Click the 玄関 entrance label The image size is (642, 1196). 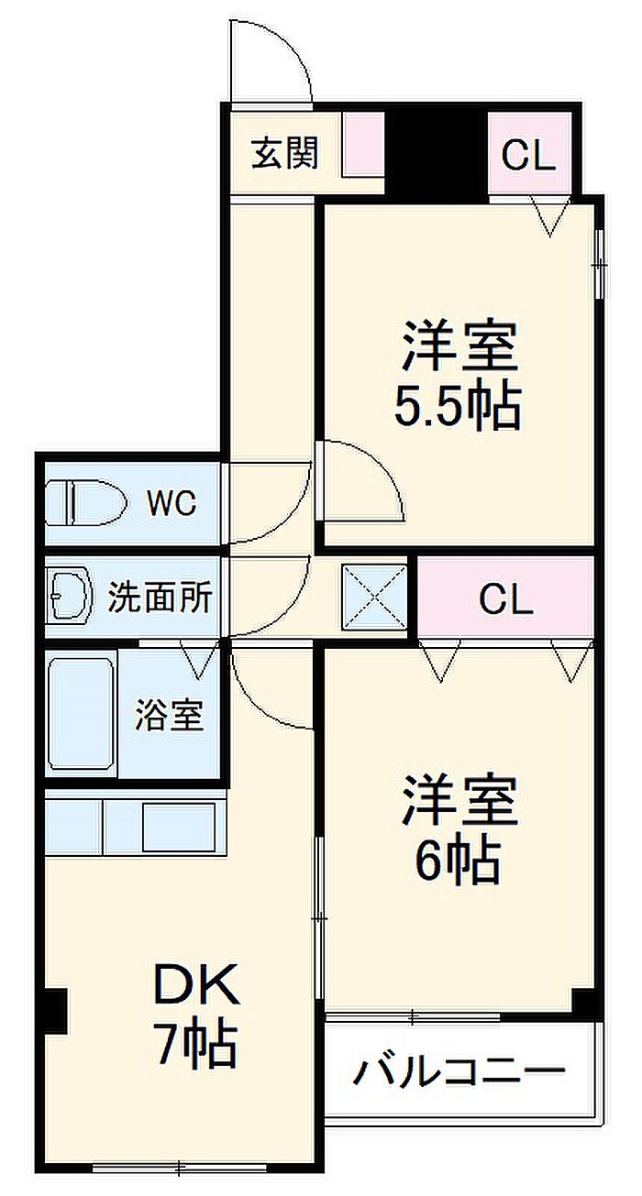point(284,153)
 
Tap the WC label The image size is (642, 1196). point(172,502)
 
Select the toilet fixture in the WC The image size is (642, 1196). point(86,502)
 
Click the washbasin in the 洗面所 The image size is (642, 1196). point(70,597)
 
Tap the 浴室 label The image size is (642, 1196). point(169,715)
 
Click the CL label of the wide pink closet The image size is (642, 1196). point(505,599)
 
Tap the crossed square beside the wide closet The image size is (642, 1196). point(375,597)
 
